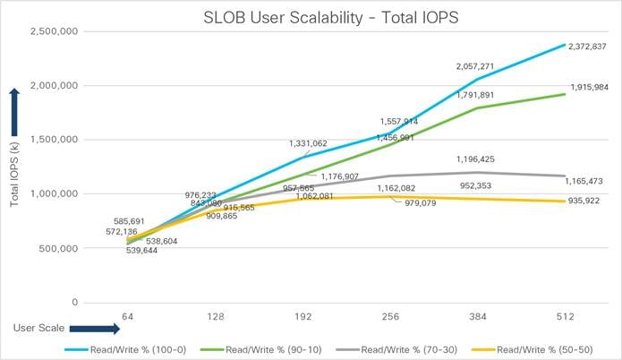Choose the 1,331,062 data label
pyautogui.click(x=313, y=142)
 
